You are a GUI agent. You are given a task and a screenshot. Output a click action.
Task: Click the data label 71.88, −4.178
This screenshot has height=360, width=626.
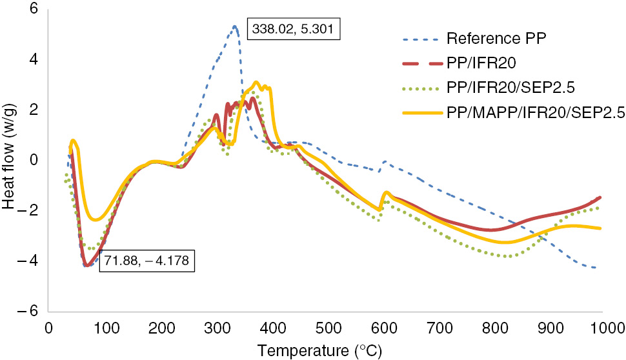(146, 262)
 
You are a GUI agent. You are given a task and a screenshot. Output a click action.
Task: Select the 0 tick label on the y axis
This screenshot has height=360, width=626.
(34, 160)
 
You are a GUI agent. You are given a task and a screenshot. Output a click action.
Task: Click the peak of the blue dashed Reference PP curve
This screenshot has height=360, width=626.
(235, 26)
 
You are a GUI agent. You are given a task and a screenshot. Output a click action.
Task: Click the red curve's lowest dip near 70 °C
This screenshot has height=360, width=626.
(86, 265)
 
